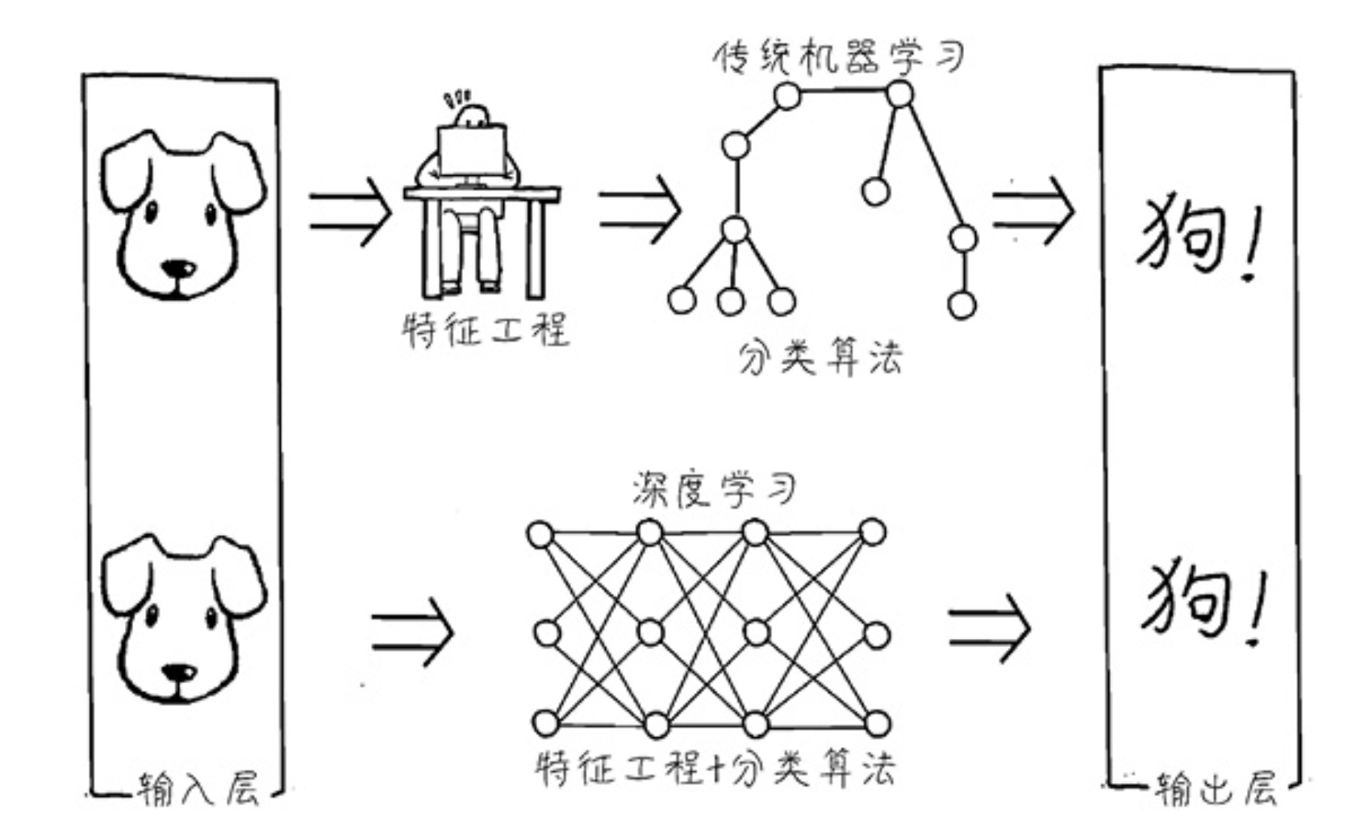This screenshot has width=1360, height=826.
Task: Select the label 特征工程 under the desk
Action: (486, 330)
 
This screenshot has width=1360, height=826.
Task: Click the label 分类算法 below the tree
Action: (820, 357)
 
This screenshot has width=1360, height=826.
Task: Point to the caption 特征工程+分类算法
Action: (715, 768)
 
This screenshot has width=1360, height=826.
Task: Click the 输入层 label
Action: (198, 788)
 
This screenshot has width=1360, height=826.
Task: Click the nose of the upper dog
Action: (177, 269)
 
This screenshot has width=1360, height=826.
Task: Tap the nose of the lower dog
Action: (177, 672)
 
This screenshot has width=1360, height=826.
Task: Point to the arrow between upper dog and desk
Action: (350, 211)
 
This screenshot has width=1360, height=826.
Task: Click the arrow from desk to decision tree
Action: (639, 209)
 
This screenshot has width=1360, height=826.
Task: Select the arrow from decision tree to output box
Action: (1033, 209)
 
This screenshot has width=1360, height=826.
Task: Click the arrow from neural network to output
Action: (989, 628)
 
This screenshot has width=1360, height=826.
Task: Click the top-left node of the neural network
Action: (540, 535)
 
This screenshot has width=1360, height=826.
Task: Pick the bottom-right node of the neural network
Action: (876, 724)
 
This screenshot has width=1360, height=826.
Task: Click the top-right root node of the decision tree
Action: (899, 94)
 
